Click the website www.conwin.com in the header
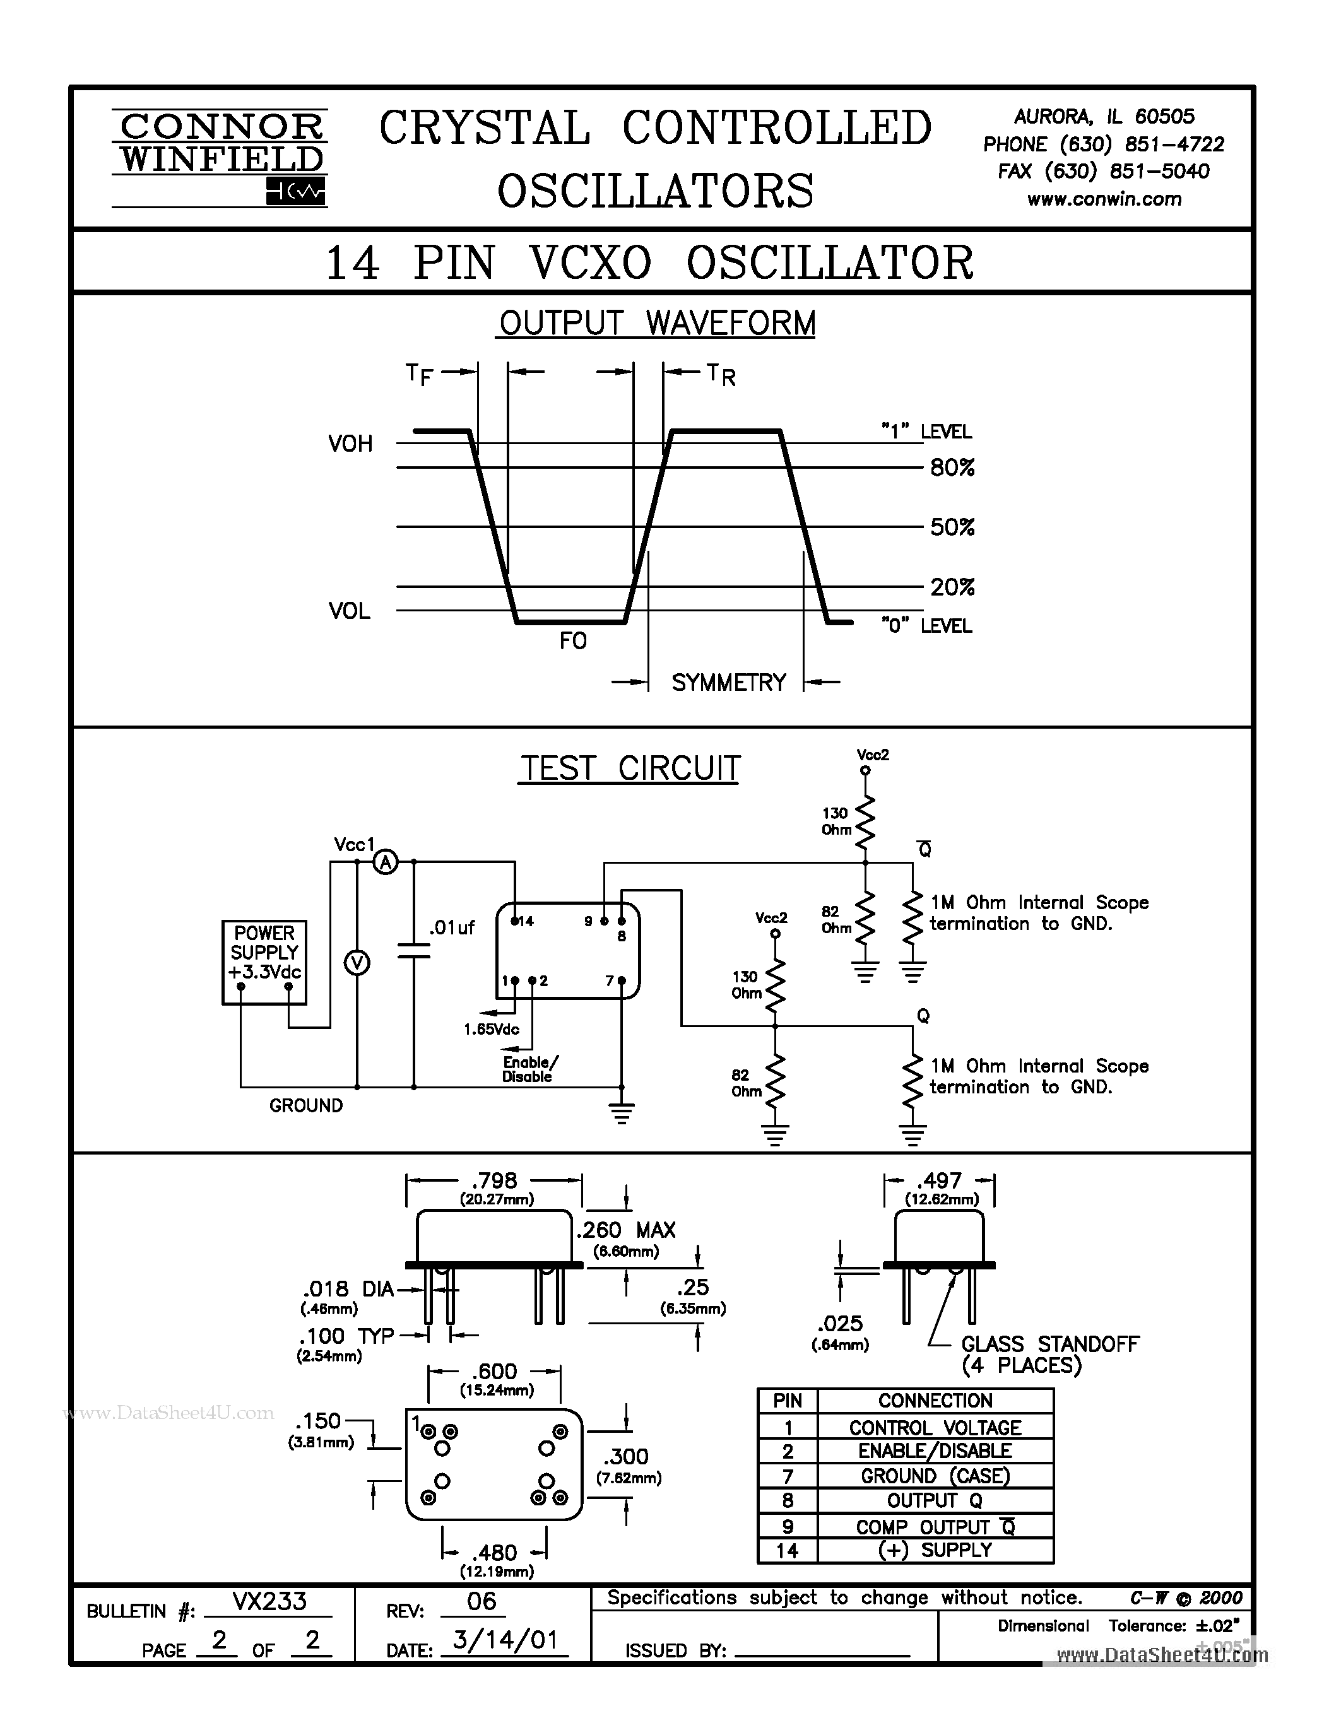pyautogui.click(x=1104, y=199)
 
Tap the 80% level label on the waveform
pyautogui.click(x=952, y=468)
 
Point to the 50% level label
pyautogui.click(x=952, y=527)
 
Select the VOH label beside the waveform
pyautogui.click(x=350, y=444)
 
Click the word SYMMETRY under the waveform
pyautogui.click(x=728, y=683)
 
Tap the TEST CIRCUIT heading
pyautogui.click(x=629, y=769)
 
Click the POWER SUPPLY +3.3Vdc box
pyautogui.click(x=264, y=962)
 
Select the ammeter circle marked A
pyautogui.click(x=386, y=862)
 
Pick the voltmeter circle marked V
pyautogui.click(x=357, y=963)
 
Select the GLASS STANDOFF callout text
pyautogui.click(x=1049, y=1344)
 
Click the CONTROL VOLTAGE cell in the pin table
pyautogui.click(x=934, y=1428)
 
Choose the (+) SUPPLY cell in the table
pyautogui.click(x=934, y=1550)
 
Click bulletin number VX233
pyautogui.click(x=269, y=1601)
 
